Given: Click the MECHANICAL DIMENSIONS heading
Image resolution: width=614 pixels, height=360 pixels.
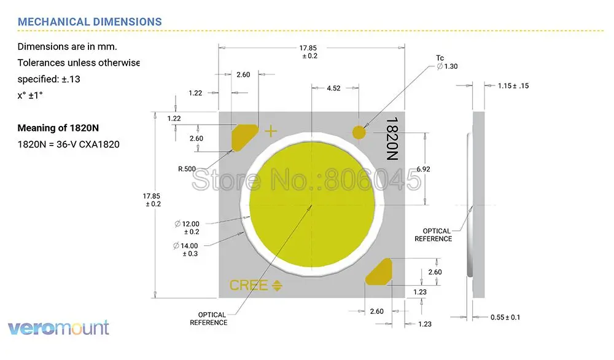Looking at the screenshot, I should coord(90,22).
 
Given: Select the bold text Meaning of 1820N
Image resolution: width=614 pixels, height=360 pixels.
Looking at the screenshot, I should coord(58,128).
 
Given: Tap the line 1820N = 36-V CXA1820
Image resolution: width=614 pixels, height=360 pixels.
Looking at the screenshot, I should coord(68,145).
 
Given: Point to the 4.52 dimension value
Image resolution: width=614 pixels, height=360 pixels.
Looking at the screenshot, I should coord(333,88).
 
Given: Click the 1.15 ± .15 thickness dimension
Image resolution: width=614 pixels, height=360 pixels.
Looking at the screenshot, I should coord(513,85).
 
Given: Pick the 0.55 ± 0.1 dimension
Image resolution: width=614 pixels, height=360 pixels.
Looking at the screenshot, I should coord(505,317).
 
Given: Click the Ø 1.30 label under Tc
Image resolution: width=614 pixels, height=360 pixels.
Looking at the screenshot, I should coord(448,66).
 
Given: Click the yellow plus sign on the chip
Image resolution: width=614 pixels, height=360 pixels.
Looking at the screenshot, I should coord(270,131).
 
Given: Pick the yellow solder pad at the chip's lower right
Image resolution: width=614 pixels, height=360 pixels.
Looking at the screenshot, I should coord(379,272).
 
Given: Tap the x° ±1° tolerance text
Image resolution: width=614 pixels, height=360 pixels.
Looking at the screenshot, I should coord(30,95).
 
